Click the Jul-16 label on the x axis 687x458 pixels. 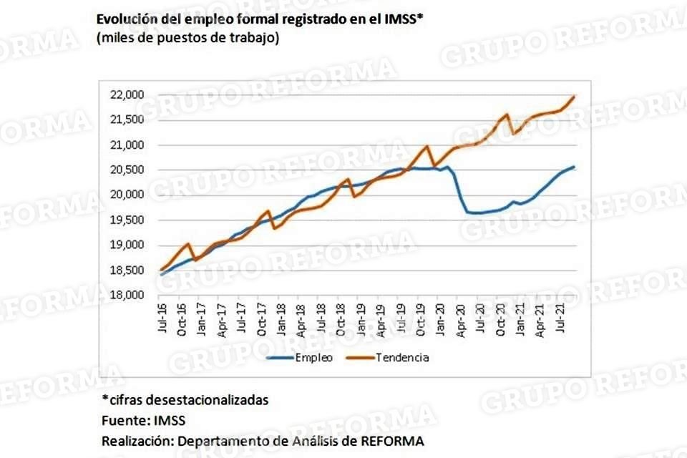[x=162, y=319]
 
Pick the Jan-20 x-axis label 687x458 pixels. [x=442, y=319]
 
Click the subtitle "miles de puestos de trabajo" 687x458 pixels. [x=187, y=38]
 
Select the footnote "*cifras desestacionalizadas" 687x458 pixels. [x=185, y=400]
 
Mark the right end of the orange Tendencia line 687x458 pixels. [x=575, y=96]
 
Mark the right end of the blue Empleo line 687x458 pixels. [x=575, y=167]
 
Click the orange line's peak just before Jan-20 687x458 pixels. [x=427, y=146]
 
